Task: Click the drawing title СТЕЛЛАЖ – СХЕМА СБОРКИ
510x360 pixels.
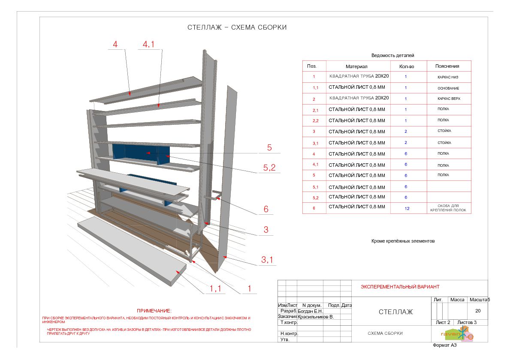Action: tap(237, 27)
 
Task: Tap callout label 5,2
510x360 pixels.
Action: tap(269, 168)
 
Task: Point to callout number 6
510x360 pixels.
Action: tap(266, 209)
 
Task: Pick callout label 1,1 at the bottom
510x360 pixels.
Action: tap(215, 288)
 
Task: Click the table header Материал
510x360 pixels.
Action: tap(356, 66)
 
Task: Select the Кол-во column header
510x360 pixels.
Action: tap(407, 66)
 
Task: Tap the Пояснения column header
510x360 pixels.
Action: tap(447, 66)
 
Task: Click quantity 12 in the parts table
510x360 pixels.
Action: tap(407, 208)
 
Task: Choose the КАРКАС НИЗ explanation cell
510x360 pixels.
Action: tap(448, 77)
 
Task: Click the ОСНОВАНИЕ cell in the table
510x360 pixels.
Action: tap(448, 88)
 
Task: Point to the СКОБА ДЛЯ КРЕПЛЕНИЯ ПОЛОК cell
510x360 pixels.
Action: tap(448, 208)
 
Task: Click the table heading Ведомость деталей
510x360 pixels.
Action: tap(392, 55)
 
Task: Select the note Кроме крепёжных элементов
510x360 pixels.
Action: tap(403, 241)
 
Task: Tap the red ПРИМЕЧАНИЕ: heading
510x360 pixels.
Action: tap(154, 310)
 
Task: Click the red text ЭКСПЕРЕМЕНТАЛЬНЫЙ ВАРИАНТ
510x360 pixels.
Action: tap(400, 287)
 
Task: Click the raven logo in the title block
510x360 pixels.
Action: tap(457, 334)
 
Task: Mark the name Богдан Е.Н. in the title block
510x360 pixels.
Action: tap(310, 311)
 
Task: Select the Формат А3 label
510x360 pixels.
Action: tap(445, 345)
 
